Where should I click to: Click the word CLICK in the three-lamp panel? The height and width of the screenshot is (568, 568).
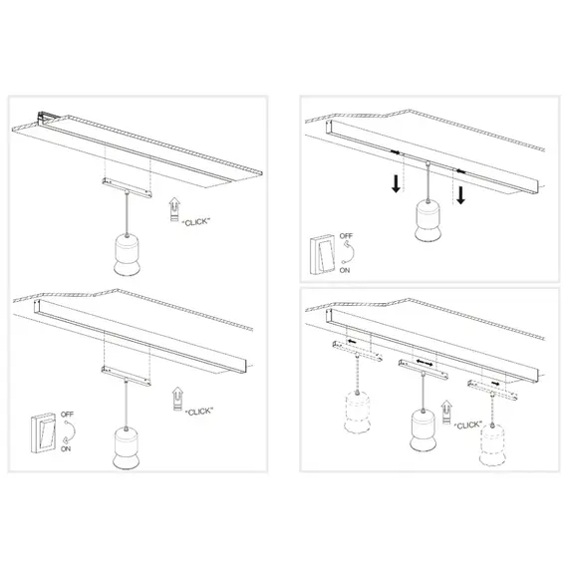pos(470,425)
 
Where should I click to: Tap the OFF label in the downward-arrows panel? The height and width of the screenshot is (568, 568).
pos(346,238)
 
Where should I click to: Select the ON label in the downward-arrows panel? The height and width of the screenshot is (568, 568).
pos(346,269)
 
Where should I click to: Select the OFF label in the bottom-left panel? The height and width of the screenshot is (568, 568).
pos(67,413)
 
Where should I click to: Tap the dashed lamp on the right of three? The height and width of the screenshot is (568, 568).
pos(490,442)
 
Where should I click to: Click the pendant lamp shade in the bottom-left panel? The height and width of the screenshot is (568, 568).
pos(127,446)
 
